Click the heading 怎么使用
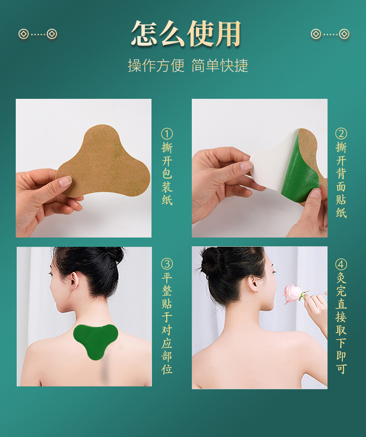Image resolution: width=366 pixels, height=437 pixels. [x=186, y=33]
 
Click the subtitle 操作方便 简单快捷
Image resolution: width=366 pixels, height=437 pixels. [x=188, y=65]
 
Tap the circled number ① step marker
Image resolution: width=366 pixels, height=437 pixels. [x=167, y=134]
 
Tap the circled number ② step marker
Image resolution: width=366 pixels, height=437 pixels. [x=341, y=134]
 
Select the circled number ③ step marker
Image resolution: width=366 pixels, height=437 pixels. [x=167, y=264]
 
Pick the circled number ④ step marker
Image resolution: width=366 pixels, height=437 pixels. [x=341, y=264]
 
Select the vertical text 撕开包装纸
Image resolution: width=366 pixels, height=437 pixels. [x=167, y=174]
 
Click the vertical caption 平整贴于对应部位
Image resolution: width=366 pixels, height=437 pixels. [x=167, y=325]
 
